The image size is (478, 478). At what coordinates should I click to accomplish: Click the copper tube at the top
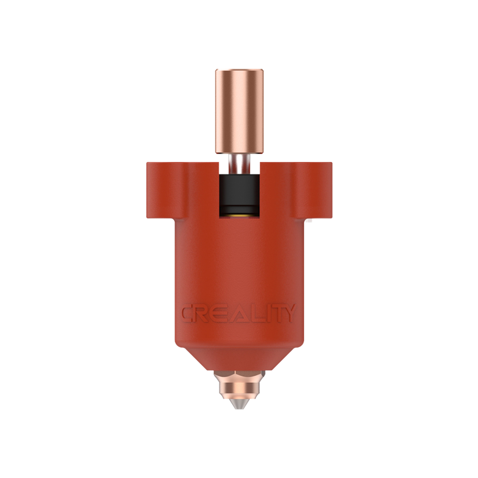(239, 111)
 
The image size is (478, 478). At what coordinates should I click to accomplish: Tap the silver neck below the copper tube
(239, 164)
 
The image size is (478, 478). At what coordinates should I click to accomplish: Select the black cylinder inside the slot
(239, 193)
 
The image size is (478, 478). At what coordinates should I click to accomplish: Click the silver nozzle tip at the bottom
(239, 404)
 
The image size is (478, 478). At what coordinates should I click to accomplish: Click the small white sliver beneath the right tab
(310, 218)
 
